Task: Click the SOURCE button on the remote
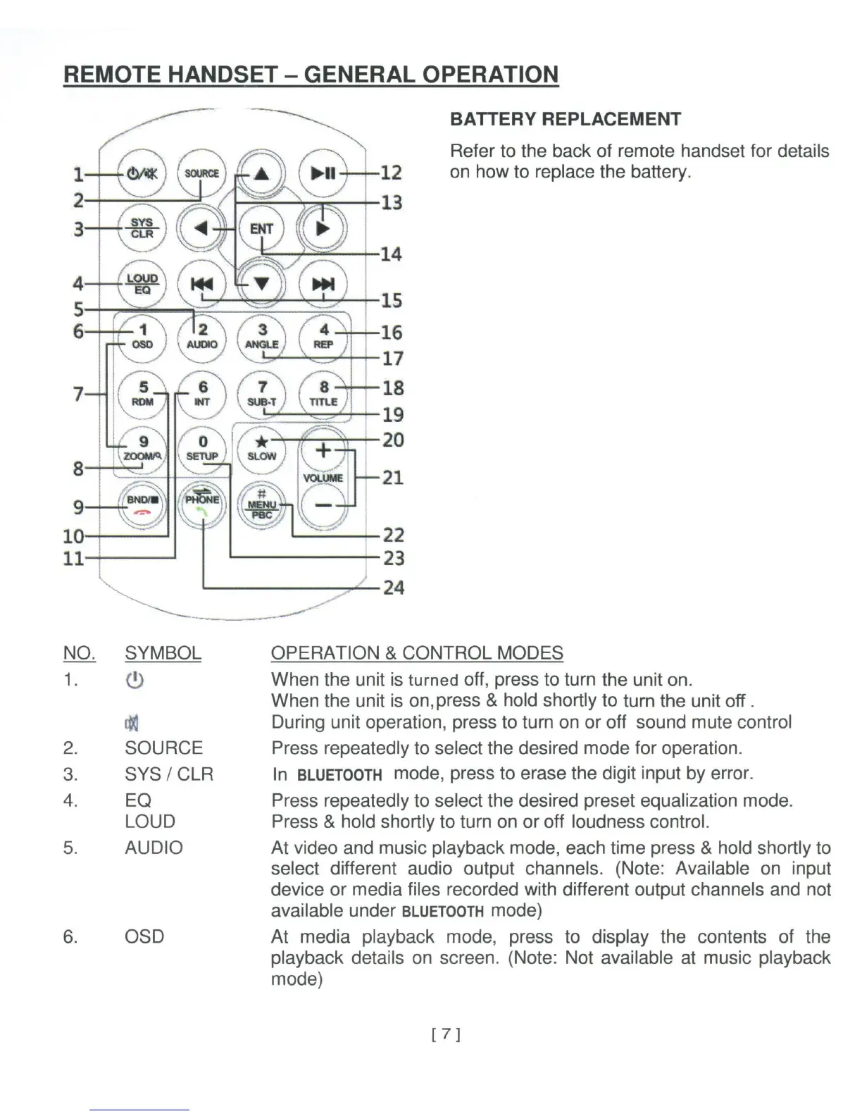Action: pos(201,173)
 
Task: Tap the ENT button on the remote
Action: pos(261,229)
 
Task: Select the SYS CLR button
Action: pos(142,228)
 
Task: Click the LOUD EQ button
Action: pos(142,283)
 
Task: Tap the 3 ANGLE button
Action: pos(262,336)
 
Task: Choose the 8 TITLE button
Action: pos(323,394)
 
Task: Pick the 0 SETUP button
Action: pos(202,448)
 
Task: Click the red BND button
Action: pos(143,504)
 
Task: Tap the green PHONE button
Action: pos(202,504)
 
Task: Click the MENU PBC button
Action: pos(261,504)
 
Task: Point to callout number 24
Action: pos(393,587)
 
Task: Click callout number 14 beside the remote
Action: pos(391,254)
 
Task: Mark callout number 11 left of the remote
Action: pos(73,559)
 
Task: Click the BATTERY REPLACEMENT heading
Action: pos(565,119)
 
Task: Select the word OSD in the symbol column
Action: pos(144,936)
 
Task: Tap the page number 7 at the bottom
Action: pos(445,1034)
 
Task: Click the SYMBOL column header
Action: pos(163,653)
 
